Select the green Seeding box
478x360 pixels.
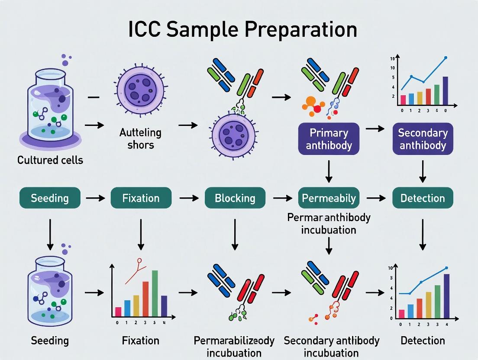pos(50,198)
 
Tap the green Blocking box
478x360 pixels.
pos(235,198)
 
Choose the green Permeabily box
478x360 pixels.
pos(329,198)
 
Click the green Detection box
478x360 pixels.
pos(423,198)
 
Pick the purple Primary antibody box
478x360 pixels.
pos(329,138)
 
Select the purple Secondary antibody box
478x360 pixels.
pos(423,138)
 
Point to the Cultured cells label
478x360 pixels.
pos(50,160)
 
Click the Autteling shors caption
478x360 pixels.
pos(140,138)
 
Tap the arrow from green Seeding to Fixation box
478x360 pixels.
pos(95,198)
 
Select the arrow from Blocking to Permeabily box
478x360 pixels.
pos(282,198)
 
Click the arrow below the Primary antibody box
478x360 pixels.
pos(329,170)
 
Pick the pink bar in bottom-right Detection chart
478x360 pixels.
pos(401,314)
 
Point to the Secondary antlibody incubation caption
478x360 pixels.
pos(332,346)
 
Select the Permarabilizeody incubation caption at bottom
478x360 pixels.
pos(234,346)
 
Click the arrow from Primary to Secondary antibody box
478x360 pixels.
pos(375,129)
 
